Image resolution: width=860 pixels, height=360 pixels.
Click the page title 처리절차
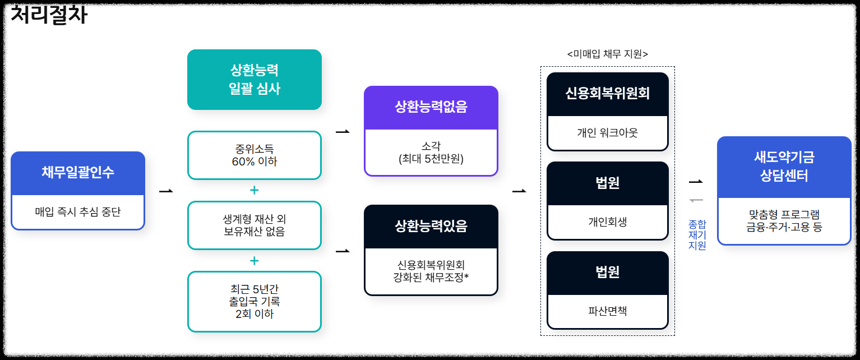click(x=49, y=15)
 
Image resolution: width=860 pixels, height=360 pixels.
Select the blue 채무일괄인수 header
click(x=78, y=172)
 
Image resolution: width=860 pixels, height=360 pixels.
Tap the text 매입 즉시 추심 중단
click(x=78, y=212)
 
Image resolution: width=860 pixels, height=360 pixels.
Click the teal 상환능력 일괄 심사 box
click(x=254, y=80)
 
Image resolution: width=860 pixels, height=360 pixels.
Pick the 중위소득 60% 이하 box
click(x=254, y=155)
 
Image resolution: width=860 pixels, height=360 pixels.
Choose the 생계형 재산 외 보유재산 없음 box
click(x=254, y=225)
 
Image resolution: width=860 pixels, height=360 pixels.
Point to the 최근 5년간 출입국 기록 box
click(x=254, y=302)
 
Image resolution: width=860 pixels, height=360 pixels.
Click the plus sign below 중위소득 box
click(x=254, y=190)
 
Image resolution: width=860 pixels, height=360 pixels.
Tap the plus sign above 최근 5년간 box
click(x=254, y=261)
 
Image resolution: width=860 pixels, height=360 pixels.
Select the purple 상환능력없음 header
click(x=431, y=108)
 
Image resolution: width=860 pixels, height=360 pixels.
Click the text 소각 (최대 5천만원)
click(x=431, y=153)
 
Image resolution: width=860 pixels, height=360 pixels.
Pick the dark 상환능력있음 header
click(x=431, y=226)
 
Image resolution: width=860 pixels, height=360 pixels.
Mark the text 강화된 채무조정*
click(x=431, y=276)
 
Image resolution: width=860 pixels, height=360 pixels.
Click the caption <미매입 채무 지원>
click(x=607, y=54)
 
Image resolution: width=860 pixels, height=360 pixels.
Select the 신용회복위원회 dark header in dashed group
click(x=607, y=94)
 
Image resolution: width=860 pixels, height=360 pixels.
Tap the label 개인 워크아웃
click(x=607, y=133)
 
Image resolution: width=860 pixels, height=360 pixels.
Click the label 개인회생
click(x=607, y=221)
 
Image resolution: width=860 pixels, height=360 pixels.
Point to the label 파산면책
click(x=607, y=310)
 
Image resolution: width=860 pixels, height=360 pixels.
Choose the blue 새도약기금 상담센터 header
click(x=784, y=167)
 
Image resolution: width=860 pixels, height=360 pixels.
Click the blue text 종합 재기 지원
click(x=697, y=235)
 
